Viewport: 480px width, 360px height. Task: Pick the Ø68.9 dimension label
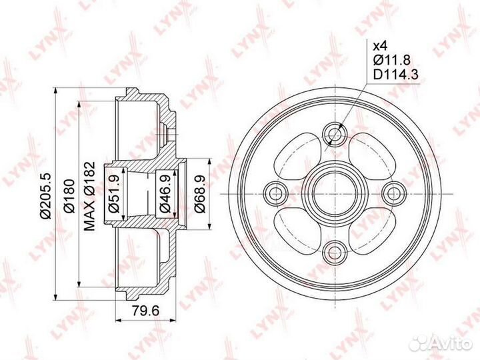pyautogui.click(x=199, y=193)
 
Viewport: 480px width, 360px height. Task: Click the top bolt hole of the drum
pyautogui.click(x=335, y=134)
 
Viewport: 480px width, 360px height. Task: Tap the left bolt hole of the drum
pyautogui.click(x=276, y=193)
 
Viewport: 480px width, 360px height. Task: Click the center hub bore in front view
pyautogui.click(x=335, y=193)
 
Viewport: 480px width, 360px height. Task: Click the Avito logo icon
pyautogui.click(x=420, y=341)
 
